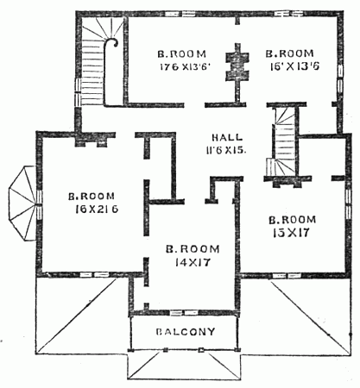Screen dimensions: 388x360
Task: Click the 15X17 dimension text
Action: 288,232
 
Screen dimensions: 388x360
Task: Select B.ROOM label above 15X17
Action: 288,219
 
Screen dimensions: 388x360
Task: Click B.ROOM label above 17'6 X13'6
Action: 177,50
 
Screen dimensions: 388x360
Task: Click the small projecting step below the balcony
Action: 182,366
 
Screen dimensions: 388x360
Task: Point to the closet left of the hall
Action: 159,167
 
